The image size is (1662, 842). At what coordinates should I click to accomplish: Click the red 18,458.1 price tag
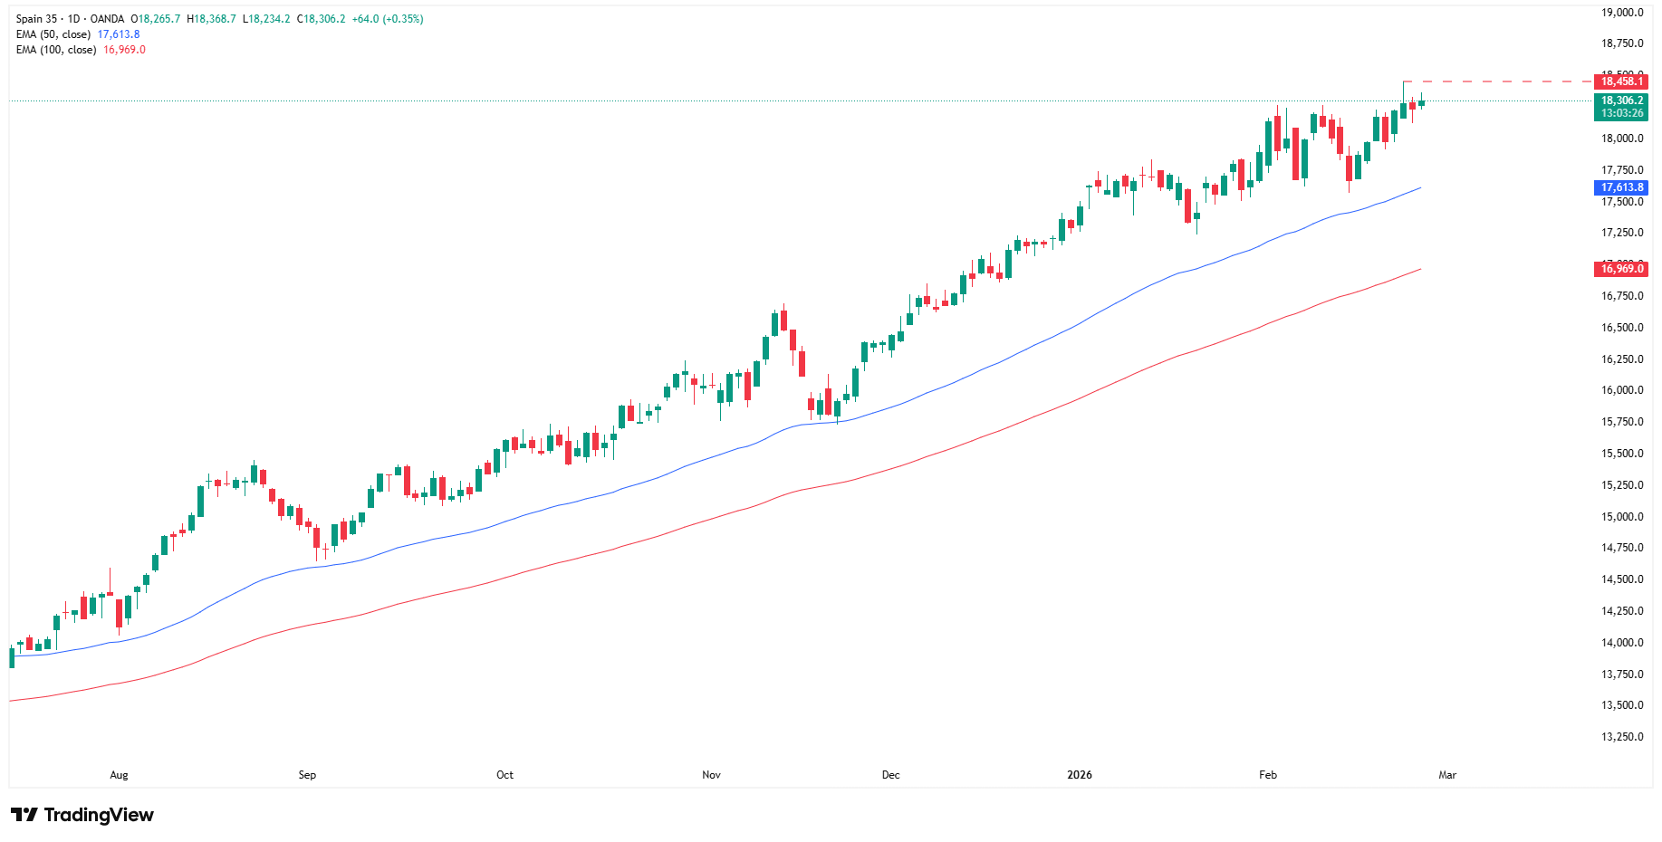[1621, 81]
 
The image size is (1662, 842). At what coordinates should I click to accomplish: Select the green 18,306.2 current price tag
[1621, 100]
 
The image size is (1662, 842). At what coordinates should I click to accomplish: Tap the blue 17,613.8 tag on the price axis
[1621, 187]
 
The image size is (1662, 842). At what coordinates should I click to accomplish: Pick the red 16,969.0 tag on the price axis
[1621, 269]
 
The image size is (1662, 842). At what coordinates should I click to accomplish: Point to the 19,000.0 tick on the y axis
[1622, 13]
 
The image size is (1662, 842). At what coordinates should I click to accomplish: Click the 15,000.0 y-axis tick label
[1622, 517]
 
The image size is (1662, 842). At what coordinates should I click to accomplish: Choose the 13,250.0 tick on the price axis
[1622, 737]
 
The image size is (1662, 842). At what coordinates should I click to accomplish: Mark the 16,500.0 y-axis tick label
[1622, 328]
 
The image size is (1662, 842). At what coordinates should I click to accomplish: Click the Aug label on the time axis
[119, 775]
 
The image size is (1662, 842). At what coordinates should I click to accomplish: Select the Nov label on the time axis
[711, 775]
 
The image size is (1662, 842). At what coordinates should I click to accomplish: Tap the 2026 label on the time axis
[1079, 775]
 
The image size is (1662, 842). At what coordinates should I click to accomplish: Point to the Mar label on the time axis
[1447, 775]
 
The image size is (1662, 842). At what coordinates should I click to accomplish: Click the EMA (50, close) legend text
[53, 34]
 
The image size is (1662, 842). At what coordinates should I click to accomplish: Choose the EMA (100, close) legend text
[56, 50]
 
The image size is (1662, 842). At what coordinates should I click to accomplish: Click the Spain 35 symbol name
[36, 19]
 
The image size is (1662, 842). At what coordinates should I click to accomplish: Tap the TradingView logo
[82, 815]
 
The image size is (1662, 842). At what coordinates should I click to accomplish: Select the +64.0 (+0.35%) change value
[387, 19]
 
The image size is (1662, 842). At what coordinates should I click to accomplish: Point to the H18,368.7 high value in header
[211, 19]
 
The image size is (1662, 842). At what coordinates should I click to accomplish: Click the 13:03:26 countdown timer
[1621, 113]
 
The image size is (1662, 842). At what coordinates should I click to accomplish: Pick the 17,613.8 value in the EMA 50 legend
[119, 34]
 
